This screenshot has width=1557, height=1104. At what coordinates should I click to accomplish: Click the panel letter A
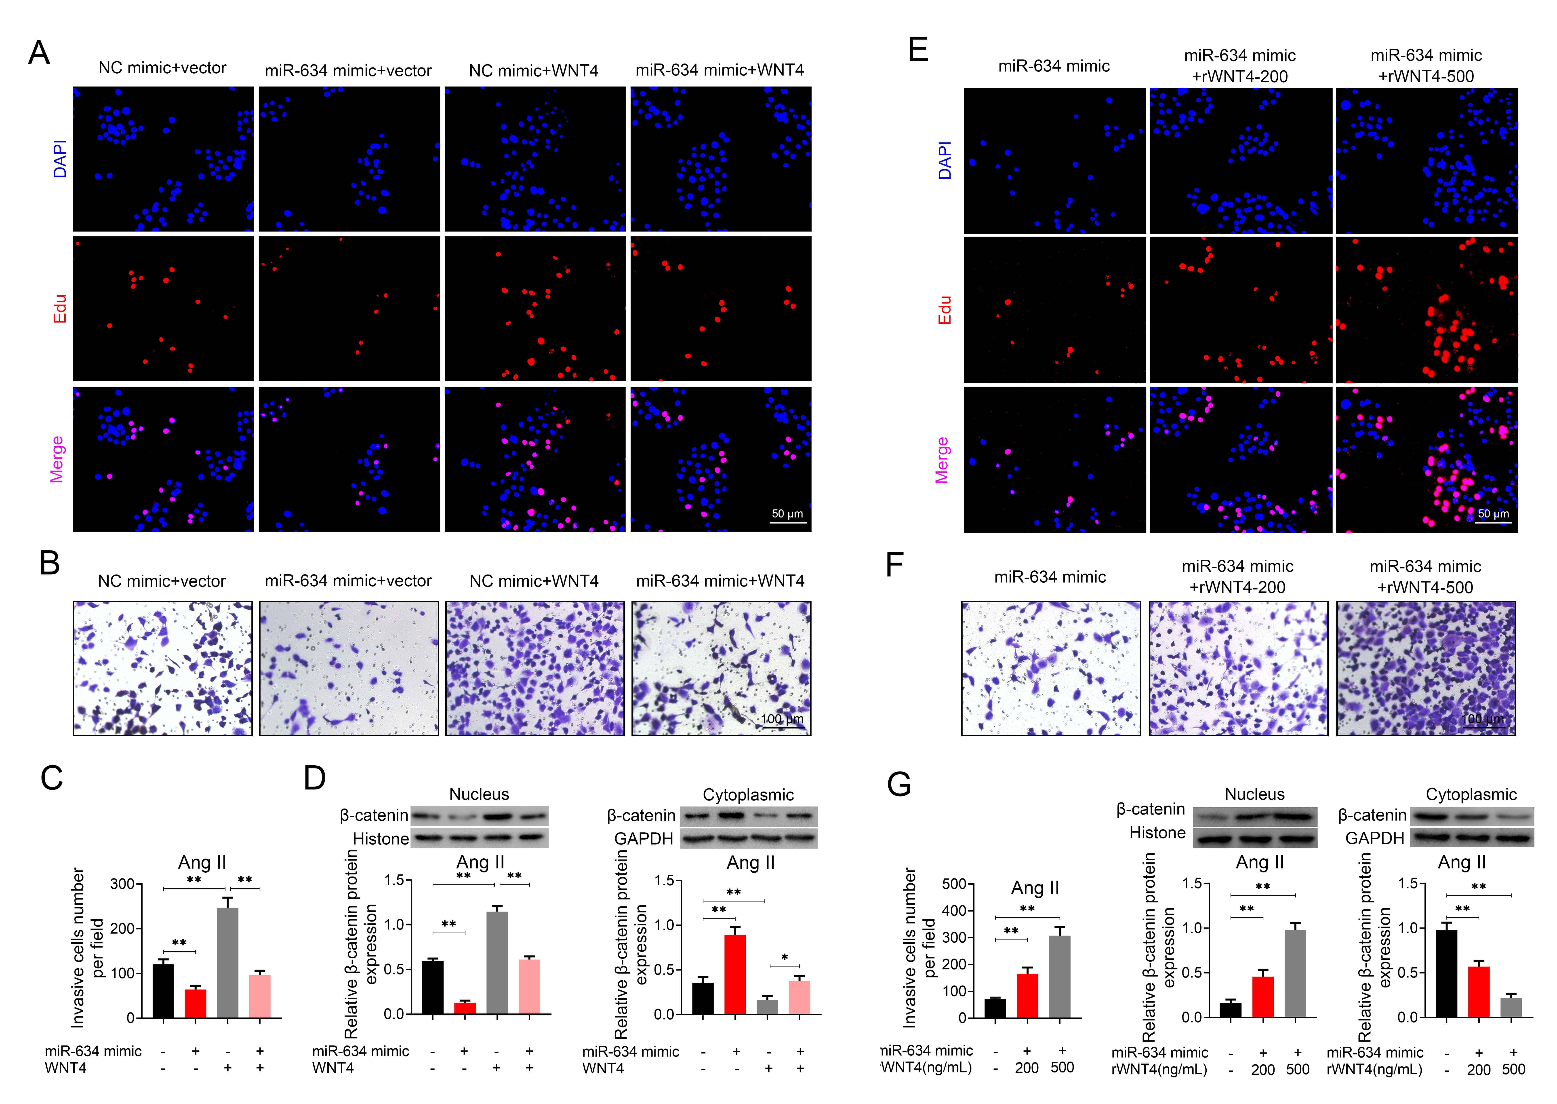click(39, 53)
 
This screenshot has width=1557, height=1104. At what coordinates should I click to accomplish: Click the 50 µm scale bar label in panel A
click(787, 514)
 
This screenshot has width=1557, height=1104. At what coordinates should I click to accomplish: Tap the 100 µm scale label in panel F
click(1483, 719)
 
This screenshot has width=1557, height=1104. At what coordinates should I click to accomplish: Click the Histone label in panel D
click(381, 839)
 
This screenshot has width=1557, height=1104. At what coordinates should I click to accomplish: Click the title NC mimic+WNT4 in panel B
click(534, 581)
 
